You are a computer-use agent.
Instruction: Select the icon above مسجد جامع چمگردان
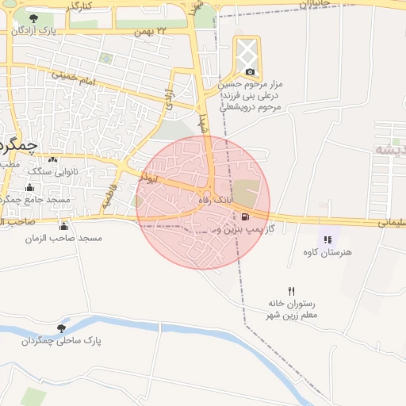[x=29, y=187]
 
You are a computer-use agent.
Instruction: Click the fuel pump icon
[x=245, y=216]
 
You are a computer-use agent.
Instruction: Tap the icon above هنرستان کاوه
[x=328, y=239]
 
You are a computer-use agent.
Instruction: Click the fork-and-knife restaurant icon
[x=291, y=291]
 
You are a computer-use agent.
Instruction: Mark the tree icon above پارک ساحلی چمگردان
[x=61, y=327]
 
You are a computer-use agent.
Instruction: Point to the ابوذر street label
[x=148, y=179]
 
